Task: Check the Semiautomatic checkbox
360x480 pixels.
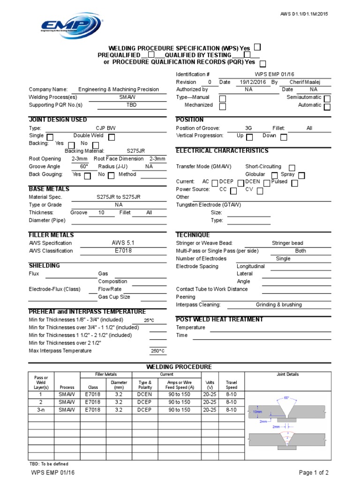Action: [x=327, y=98]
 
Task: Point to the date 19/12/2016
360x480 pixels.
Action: [x=249, y=82]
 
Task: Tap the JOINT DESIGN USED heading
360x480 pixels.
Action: [x=58, y=120]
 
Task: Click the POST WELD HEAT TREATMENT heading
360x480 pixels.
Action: [x=219, y=320]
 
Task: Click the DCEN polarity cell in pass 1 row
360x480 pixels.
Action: [x=145, y=395]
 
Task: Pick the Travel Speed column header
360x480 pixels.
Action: [x=231, y=385]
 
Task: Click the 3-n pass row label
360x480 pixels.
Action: [x=40, y=410]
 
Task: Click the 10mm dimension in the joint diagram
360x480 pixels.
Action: [x=257, y=411]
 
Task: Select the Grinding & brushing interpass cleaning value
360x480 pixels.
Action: [x=278, y=305]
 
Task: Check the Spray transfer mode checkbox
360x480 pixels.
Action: [x=301, y=175]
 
